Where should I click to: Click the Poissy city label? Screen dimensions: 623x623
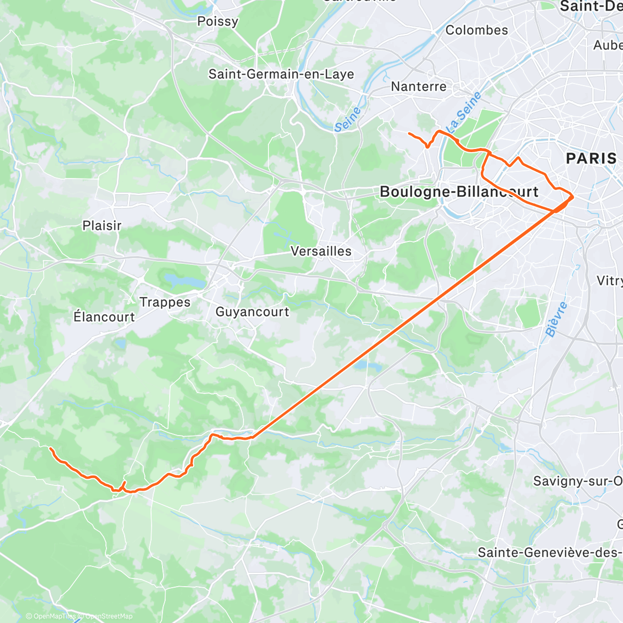pyautogui.click(x=218, y=21)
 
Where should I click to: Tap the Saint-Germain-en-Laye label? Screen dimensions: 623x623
pyautogui.click(x=281, y=74)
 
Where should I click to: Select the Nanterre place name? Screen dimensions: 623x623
pyautogui.click(x=418, y=86)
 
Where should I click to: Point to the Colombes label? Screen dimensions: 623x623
pyautogui.click(x=477, y=30)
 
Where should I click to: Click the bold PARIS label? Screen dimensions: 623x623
pyautogui.click(x=591, y=158)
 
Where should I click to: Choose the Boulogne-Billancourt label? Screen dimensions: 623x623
pyautogui.click(x=459, y=192)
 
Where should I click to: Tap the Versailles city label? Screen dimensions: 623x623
pyautogui.click(x=321, y=251)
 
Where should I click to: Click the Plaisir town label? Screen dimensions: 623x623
pyautogui.click(x=102, y=226)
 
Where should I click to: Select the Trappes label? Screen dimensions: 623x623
pyautogui.click(x=165, y=302)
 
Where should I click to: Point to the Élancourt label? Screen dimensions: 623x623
pyautogui.click(x=104, y=317)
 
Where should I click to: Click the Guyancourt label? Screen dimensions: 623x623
pyautogui.click(x=252, y=312)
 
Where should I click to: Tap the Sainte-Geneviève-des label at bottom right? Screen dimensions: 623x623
pyautogui.click(x=549, y=552)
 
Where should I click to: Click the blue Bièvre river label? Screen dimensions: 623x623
pyautogui.click(x=557, y=319)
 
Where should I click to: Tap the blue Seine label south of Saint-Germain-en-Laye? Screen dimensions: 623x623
pyautogui.click(x=347, y=119)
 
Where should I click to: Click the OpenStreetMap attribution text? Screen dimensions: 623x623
pyautogui.click(x=109, y=616)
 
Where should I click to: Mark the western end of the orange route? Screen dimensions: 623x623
pyautogui.click(x=50, y=448)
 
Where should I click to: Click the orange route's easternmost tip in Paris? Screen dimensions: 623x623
pyautogui.click(x=573, y=197)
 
